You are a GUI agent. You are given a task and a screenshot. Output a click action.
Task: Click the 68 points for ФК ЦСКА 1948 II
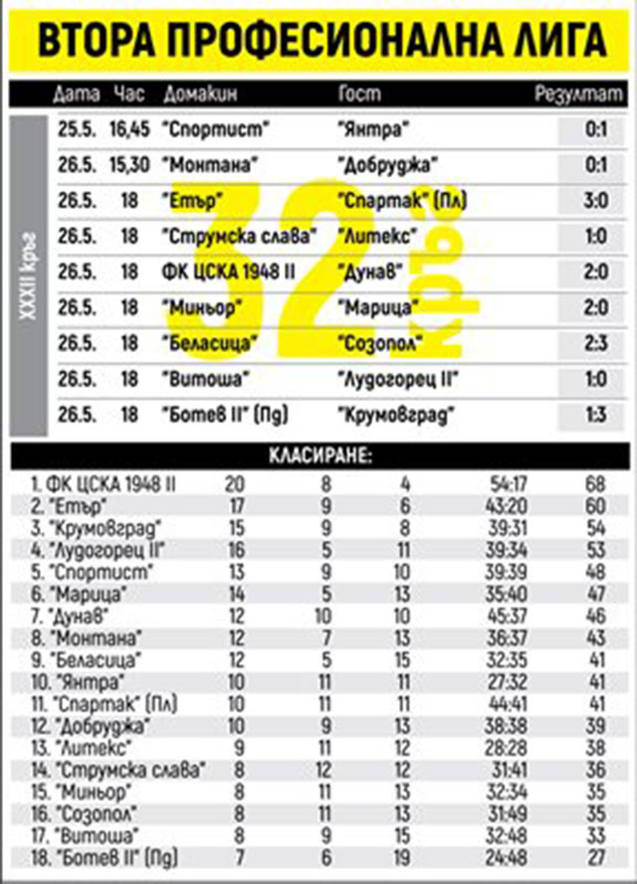(597, 483)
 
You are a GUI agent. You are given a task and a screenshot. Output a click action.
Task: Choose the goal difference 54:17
(507, 483)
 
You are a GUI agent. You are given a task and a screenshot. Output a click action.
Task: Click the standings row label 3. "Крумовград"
(82, 527)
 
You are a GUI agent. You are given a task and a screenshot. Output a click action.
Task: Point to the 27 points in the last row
(597, 856)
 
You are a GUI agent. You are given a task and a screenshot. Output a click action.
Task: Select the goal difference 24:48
(507, 856)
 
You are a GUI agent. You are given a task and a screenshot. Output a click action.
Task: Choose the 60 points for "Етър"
(597, 505)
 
